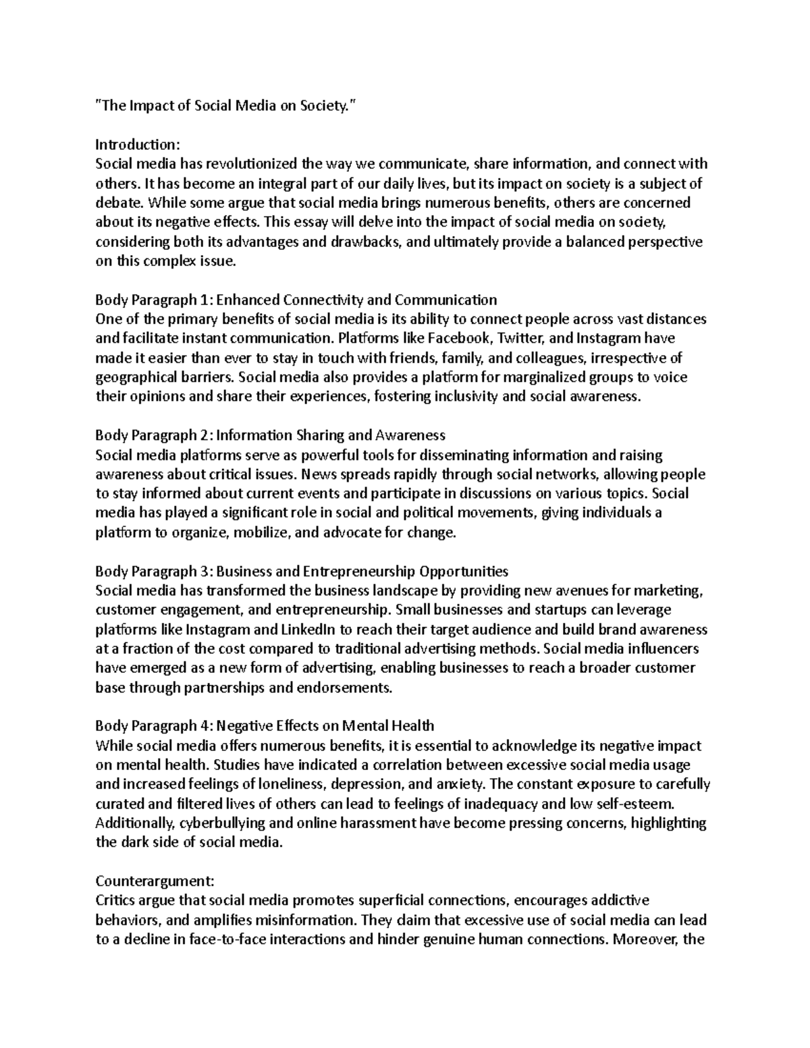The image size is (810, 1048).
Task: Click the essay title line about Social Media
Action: tap(225, 105)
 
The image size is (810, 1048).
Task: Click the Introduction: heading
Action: tap(137, 144)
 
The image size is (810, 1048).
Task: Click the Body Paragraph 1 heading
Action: tap(296, 300)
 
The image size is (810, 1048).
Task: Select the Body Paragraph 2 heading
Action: tap(270, 435)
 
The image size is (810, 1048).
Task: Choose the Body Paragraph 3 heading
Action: tap(302, 572)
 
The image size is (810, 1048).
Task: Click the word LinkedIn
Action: tap(303, 630)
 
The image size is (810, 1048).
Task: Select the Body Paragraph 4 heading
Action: tap(265, 726)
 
